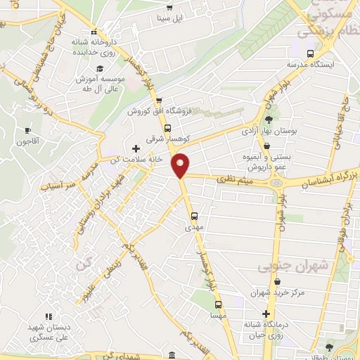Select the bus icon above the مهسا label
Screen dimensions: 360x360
(219, 305)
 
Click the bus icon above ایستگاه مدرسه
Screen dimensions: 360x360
(310, 53)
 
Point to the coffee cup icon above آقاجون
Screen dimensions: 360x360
(27, 130)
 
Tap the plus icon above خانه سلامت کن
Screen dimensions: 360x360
(136, 148)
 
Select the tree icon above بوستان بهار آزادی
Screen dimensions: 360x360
(269, 118)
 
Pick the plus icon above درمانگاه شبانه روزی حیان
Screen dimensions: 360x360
(266, 314)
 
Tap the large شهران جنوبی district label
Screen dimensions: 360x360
(293, 266)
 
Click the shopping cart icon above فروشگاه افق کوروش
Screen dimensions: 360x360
(160, 101)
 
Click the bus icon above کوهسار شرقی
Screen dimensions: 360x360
(167, 129)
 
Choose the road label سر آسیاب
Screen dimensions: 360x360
(57, 187)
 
